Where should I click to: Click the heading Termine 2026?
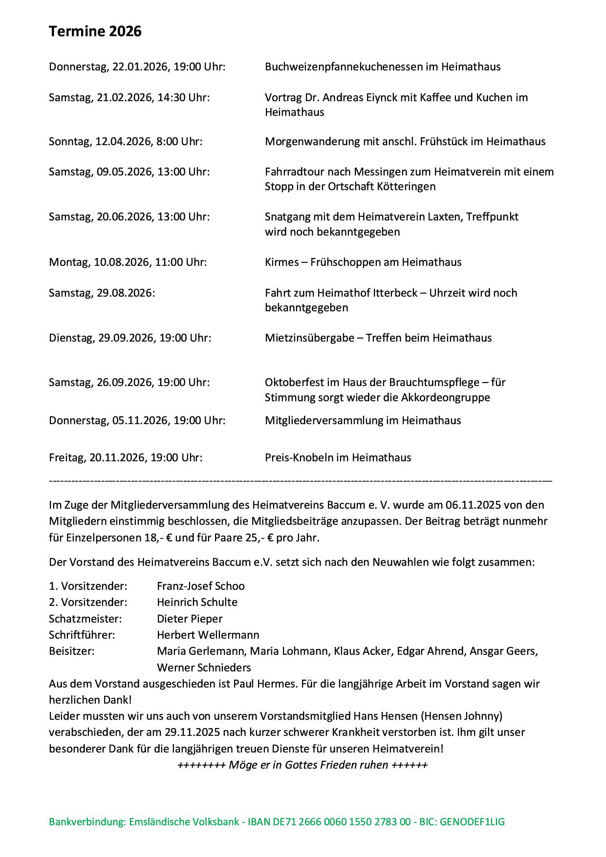[x=95, y=32]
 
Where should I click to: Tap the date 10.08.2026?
[x=122, y=262]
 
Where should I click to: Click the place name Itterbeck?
[x=400, y=293]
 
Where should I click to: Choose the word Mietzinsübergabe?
[x=309, y=338]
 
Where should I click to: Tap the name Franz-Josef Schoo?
[x=200, y=586]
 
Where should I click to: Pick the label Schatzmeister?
[x=85, y=619]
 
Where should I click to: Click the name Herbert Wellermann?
[x=208, y=635]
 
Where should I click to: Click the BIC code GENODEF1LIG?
[x=472, y=822]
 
